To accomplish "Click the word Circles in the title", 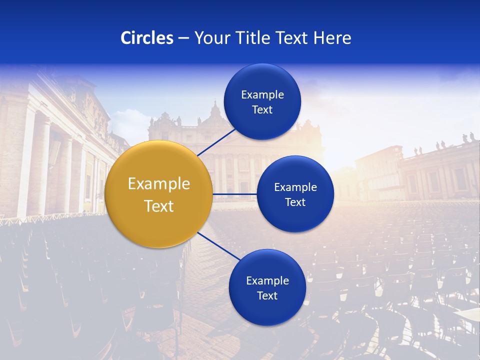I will pyautogui.click(x=146, y=38).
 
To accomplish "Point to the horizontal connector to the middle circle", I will pyautogui.click(x=235, y=194).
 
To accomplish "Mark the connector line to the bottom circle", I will pyautogui.click(x=218, y=246).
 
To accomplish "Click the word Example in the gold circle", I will pyautogui.click(x=159, y=184).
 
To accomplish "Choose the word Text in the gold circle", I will pyautogui.click(x=159, y=206).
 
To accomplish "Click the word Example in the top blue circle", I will pyautogui.click(x=262, y=95).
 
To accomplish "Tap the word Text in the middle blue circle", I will pyautogui.click(x=295, y=202).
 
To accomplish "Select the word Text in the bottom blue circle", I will pyautogui.click(x=267, y=295).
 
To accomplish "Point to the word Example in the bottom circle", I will pyautogui.click(x=267, y=281).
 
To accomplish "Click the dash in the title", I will pyautogui.click(x=183, y=38).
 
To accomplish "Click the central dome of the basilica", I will pyautogui.click(x=215, y=112).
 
